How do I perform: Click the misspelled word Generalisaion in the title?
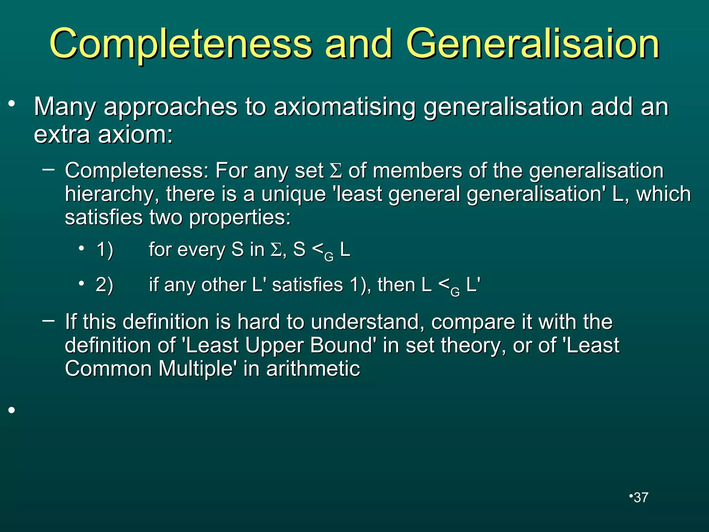click(532, 44)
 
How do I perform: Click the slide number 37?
click(641, 498)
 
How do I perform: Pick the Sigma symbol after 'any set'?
click(335, 171)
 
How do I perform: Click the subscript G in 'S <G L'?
click(329, 257)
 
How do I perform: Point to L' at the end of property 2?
click(473, 285)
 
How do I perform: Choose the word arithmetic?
click(313, 369)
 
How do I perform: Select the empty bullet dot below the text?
click(12, 410)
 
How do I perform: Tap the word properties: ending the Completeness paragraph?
click(240, 218)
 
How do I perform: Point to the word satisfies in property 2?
click(307, 285)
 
